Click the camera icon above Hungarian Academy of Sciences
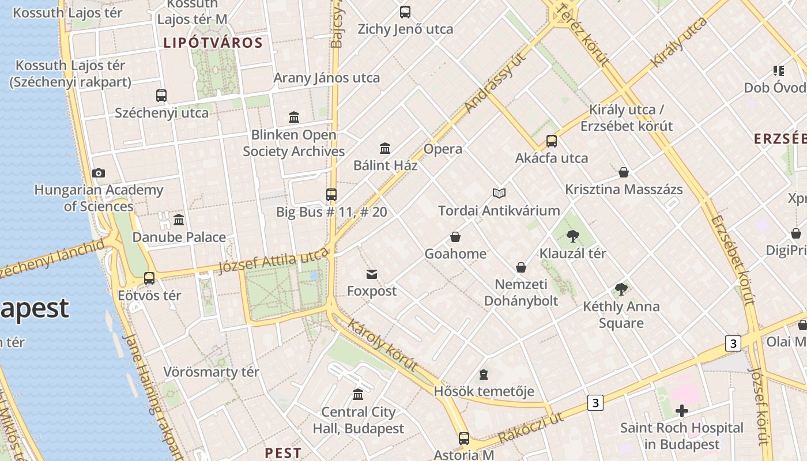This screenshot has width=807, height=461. point(99,173)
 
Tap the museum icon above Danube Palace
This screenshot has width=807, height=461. point(179,220)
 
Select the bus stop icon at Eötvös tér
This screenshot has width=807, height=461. point(149,278)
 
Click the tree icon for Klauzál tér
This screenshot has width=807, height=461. point(572,236)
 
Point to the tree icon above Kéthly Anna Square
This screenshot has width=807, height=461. point(621,289)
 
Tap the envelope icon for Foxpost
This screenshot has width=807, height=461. point(372,274)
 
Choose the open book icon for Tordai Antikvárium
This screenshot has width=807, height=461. point(499,194)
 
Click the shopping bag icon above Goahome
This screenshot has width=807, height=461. point(455,237)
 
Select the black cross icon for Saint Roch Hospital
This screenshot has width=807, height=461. point(682,411)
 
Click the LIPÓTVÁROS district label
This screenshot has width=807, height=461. point(213,43)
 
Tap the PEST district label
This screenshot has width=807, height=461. point(283,453)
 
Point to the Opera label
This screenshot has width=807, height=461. point(443,149)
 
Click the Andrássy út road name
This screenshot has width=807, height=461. point(495,83)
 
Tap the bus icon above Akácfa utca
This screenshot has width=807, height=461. point(552,141)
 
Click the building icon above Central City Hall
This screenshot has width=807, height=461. point(358,395)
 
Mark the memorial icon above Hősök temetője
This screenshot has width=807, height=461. point(484,375)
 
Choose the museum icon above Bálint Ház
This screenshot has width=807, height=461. point(385,149)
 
